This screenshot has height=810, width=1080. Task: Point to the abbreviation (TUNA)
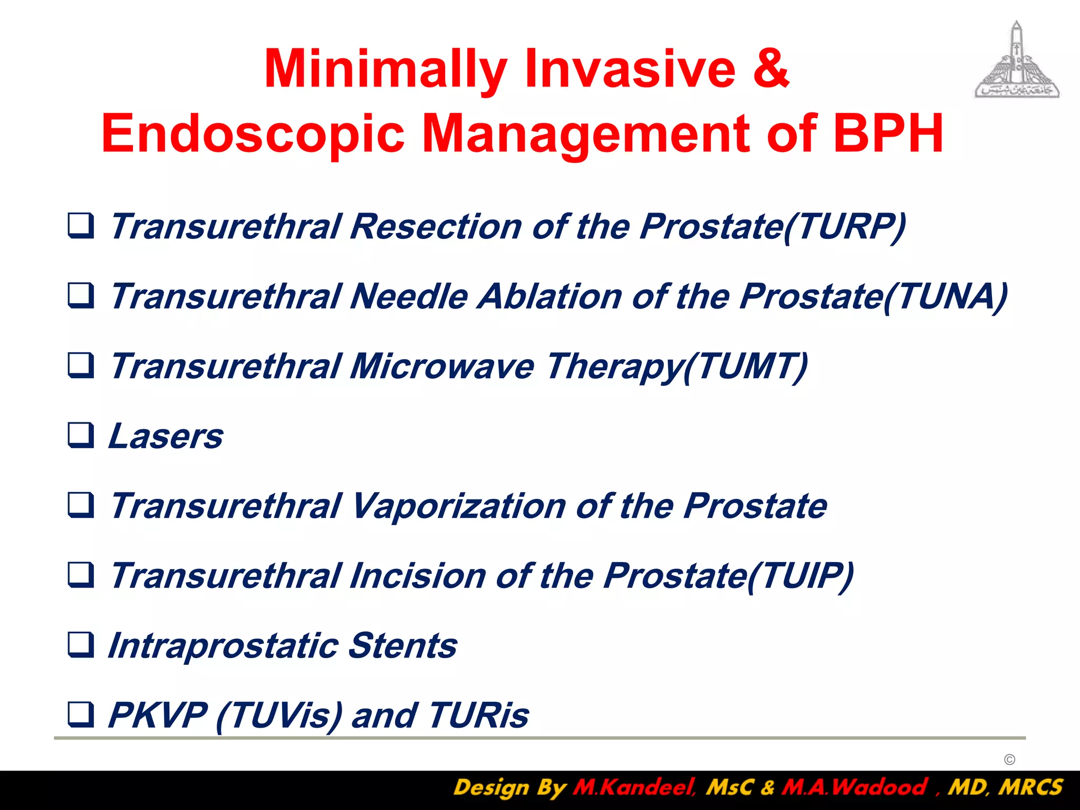(x=945, y=297)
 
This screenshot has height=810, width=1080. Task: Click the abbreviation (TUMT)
(x=745, y=367)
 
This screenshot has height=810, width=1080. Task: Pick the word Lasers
(x=166, y=437)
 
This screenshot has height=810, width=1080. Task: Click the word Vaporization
(x=457, y=507)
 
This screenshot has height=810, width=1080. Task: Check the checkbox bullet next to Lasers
(x=81, y=436)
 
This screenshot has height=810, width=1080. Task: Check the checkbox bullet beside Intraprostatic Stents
(x=81, y=645)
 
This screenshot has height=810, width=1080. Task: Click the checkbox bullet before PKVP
(x=81, y=715)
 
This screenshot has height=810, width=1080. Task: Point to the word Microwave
(x=442, y=367)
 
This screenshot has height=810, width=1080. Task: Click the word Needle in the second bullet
(x=409, y=296)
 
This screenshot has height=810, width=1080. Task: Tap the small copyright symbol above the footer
(x=1009, y=759)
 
